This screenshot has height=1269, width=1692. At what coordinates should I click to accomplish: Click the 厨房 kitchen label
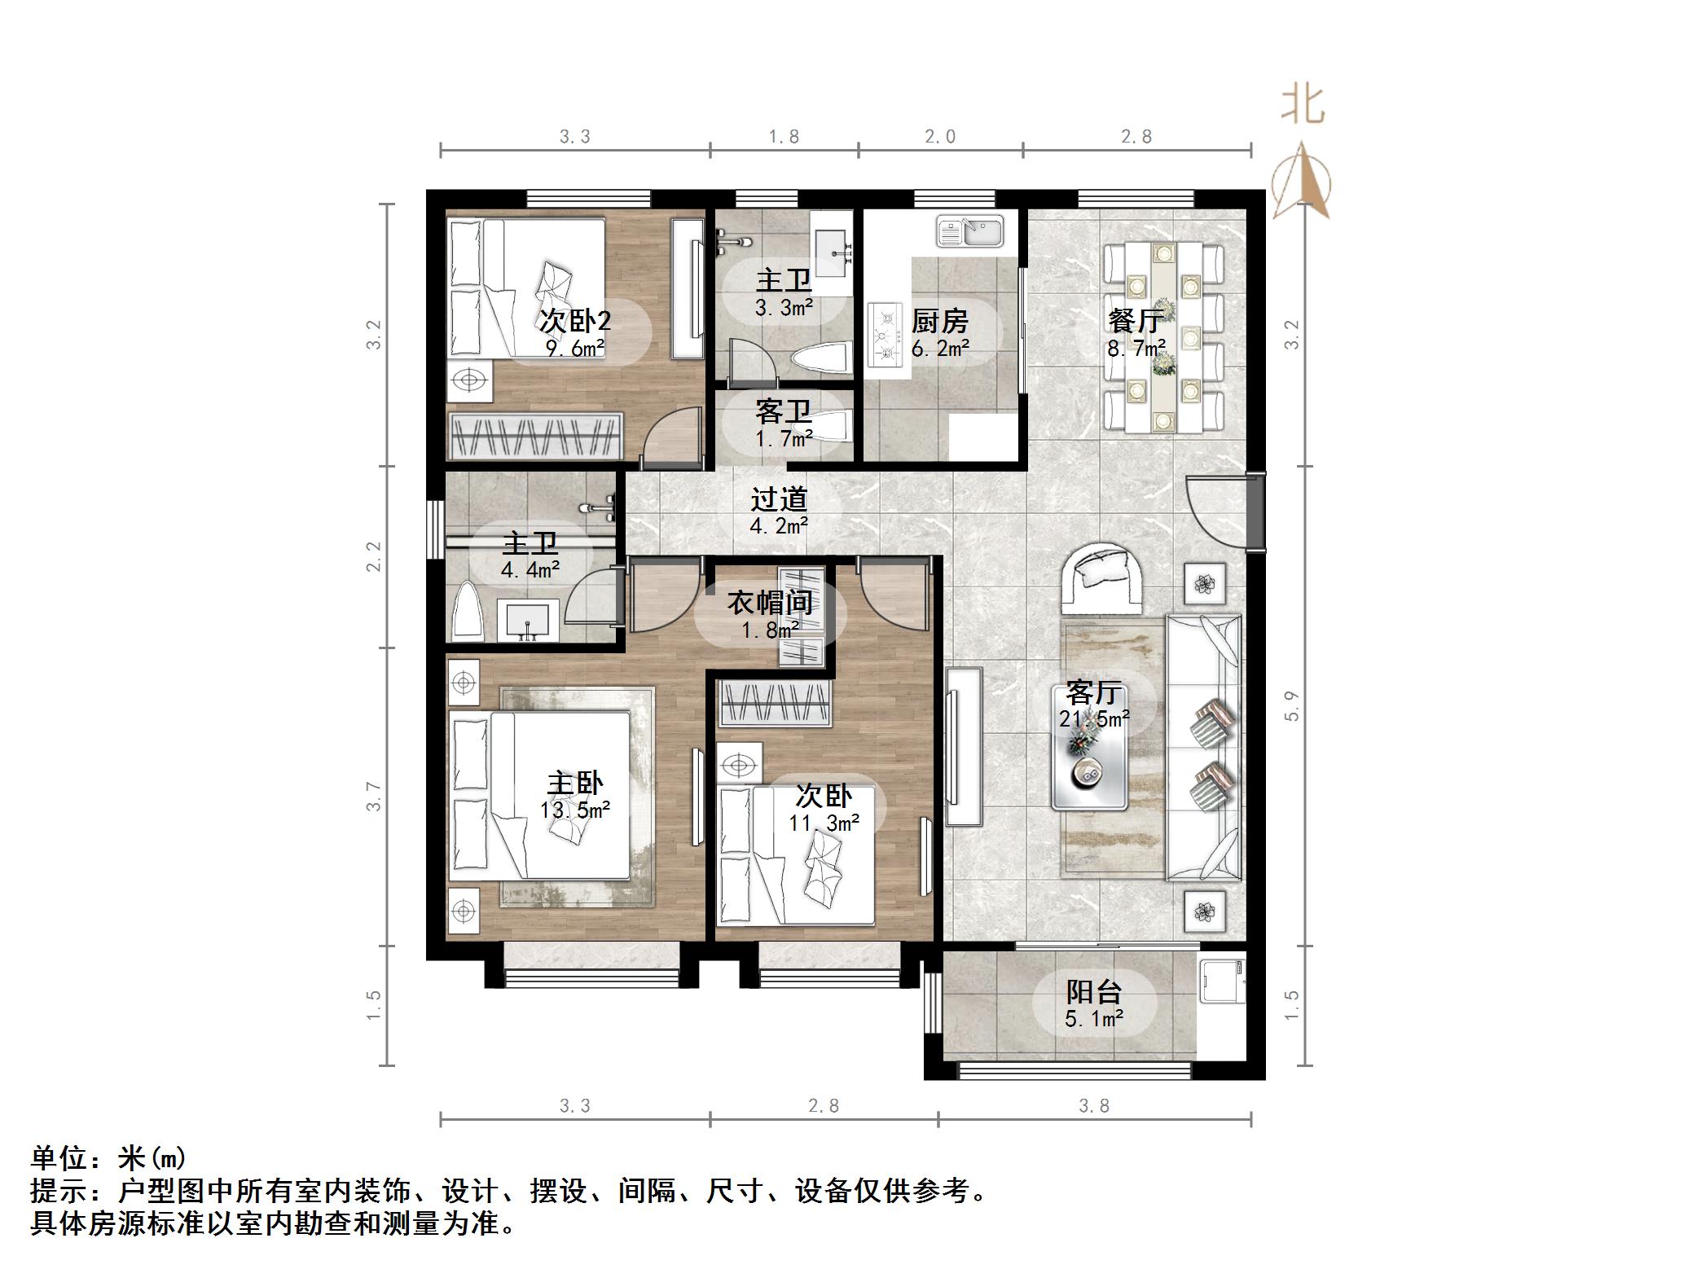pos(939,321)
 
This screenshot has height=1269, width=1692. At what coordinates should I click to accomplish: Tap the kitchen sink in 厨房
pos(971,231)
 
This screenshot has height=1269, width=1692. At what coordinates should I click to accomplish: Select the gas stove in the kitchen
pos(886,334)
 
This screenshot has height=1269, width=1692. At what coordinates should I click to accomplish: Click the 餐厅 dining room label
pos(1134,321)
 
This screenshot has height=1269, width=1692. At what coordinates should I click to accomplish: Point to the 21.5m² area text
pos(1093,718)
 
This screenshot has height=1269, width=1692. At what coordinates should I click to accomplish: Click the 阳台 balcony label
pos(1093,991)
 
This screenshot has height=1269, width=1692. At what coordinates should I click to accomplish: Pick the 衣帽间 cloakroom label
pos(770,603)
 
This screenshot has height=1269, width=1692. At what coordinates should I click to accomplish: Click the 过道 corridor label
pos(778,498)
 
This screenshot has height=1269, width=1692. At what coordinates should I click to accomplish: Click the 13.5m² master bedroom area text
pos(574,810)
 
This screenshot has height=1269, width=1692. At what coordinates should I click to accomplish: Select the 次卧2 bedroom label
pos(574,321)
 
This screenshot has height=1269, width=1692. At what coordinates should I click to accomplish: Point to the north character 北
pos(1303,106)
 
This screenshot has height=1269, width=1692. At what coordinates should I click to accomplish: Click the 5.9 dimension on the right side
pos(1291,705)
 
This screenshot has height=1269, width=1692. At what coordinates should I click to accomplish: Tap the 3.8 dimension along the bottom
pos(1093,1106)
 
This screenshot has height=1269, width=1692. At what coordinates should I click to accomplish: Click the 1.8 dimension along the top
pos(783,137)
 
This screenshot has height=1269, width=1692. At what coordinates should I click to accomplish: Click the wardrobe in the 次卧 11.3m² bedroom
pos(774,703)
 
